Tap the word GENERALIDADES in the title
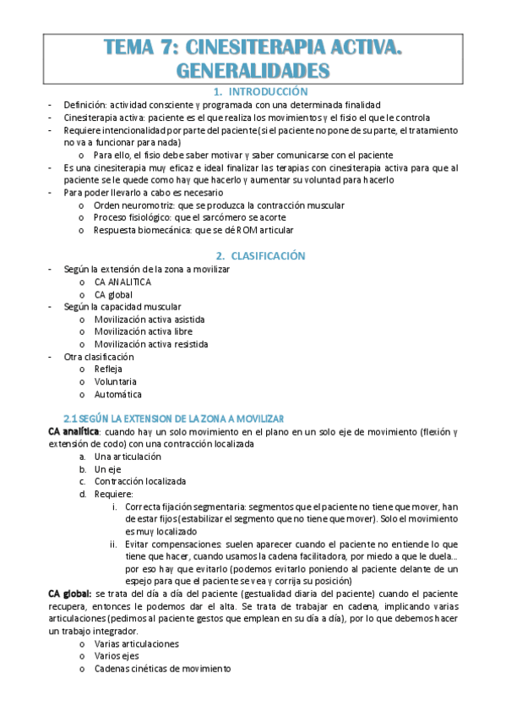point(253,71)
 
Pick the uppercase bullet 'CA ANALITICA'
point(122,282)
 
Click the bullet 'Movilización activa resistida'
point(152,344)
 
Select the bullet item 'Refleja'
point(108,369)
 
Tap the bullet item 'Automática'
point(117,394)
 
